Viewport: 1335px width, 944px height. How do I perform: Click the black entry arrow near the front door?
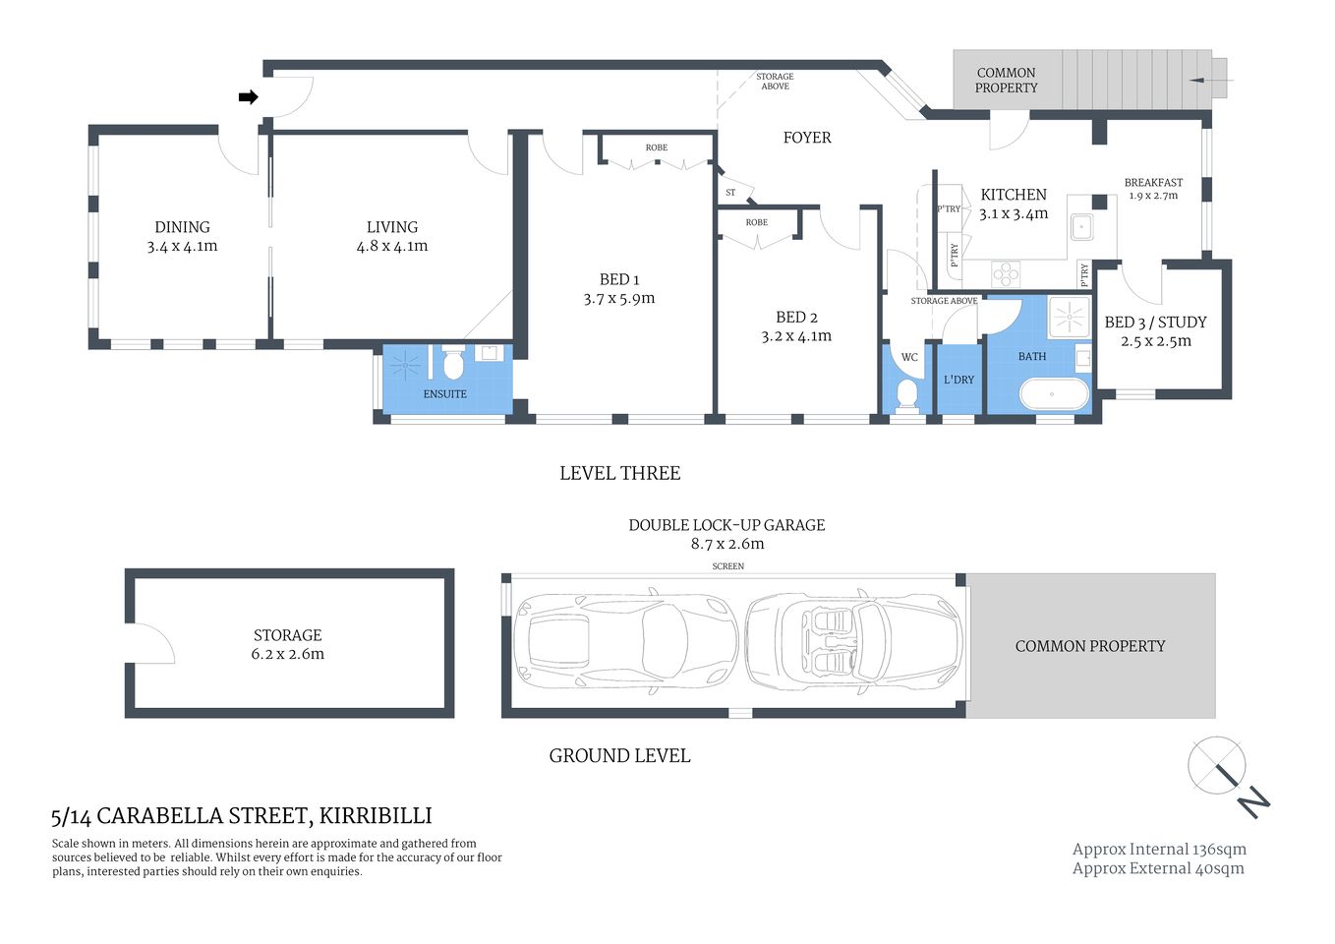pyautogui.click(x=248, y=97)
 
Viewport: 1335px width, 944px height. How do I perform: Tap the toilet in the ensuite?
pyautogui.click(x=452, y=365)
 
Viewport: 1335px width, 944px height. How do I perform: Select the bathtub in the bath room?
pyautogui.click(x=1054, y=394)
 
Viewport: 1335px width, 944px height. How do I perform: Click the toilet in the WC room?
pyautogui.click(x=907, y=395)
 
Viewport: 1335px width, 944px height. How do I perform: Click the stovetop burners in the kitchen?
pyautogui.click(x=1006, y=273)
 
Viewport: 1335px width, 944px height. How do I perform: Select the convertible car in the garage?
pyautogui.click(x=851, y=644)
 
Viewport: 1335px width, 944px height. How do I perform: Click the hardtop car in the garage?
pyautogui.click(x=625, y=644)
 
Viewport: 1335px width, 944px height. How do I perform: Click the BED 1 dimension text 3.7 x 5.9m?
pyautogui.click(x=618, y=298)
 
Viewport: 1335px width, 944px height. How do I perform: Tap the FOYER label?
pyautogui.click(x=807, y=138)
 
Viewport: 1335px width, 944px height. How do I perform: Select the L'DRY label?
pyautogui.click(x=958, y=380)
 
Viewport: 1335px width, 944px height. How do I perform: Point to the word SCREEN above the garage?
pyautogui.click(x=727, y=566)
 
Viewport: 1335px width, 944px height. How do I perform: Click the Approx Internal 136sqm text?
pyautogui.click(x=1158, y=849)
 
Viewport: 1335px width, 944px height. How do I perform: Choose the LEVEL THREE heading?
pyautogui.click(x=619, y=473)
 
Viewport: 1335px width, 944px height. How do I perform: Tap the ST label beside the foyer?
pyautogui.click(x=730, y=193)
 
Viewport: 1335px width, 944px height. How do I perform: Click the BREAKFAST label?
pyautogui.click(x=1153, y=182)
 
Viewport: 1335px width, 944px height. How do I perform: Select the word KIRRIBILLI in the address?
pyautogui.click(x=376, y=815)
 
